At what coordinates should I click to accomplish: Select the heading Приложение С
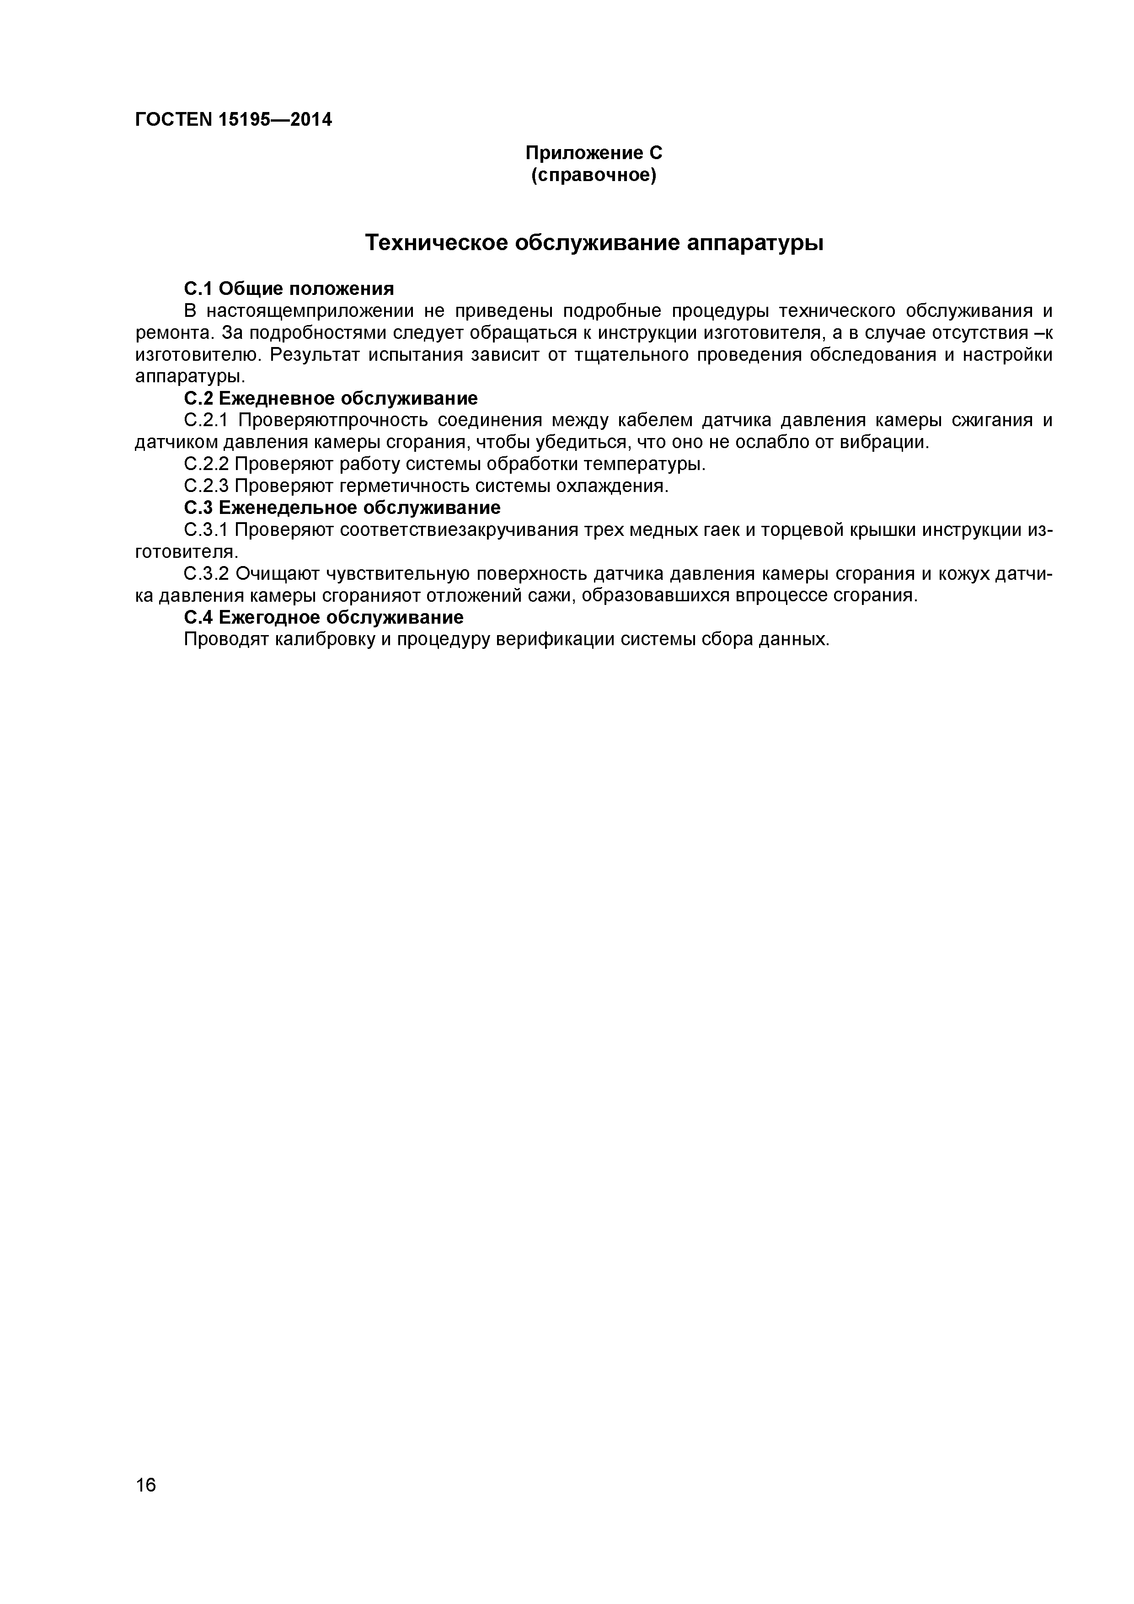tap(593, 153)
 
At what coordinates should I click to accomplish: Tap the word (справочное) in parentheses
tap(593, 175)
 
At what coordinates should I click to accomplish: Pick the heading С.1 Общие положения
tap(289, 289)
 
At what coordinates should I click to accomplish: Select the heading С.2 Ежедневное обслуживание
tap(331, 398)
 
